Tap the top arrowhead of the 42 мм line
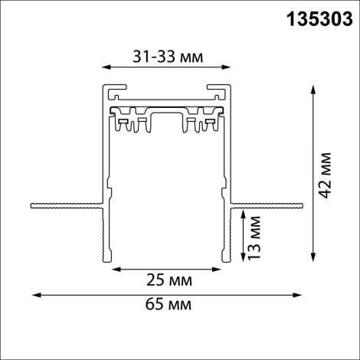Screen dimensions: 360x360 (x=312, y=89)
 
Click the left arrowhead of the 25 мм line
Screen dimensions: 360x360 (x=116, y=270)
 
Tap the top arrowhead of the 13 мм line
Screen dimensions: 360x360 (x=244, y=217)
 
